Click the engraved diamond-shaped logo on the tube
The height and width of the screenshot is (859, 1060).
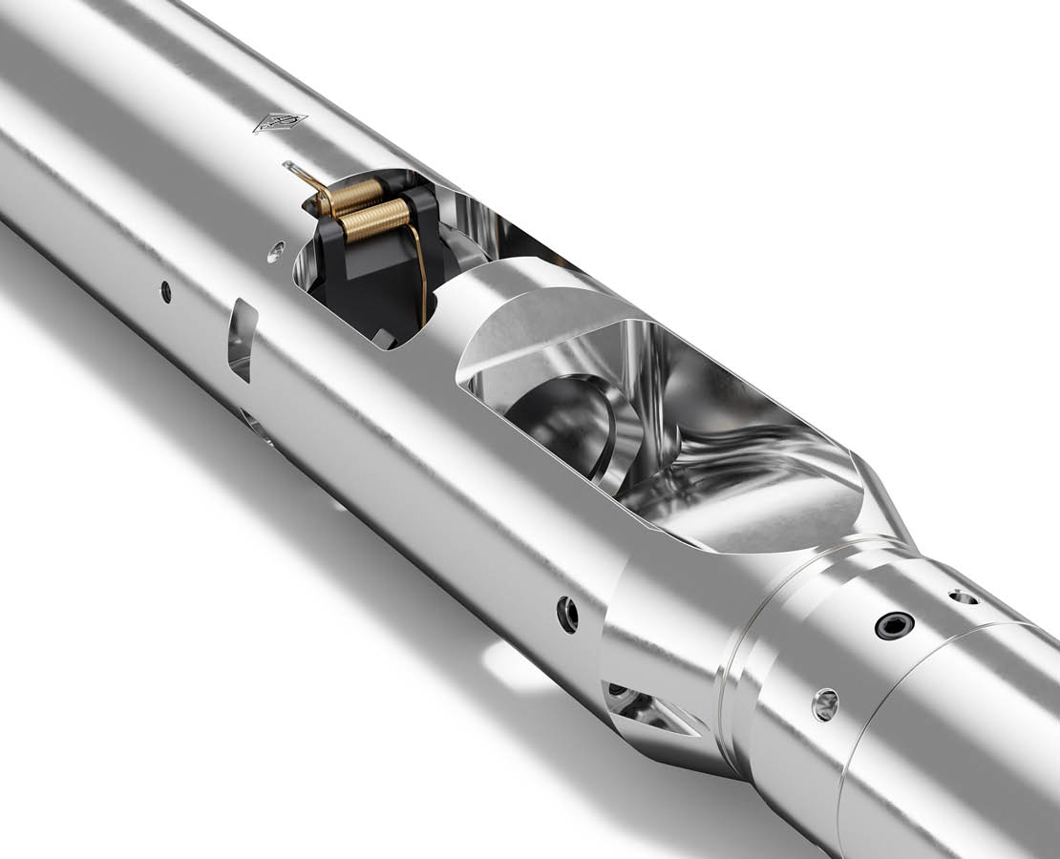(280, 122)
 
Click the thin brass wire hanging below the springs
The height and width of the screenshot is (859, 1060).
(421, 277)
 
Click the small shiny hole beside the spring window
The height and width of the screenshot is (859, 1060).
(276, 252)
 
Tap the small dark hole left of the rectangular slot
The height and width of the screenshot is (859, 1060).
(166, 291)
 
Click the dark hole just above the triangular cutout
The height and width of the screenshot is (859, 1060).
(568, 614)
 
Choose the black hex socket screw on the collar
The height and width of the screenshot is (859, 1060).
(895, 626)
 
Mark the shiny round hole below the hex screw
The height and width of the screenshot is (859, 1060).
(825, 704)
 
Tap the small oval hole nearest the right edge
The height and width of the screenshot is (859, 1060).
(963, 597)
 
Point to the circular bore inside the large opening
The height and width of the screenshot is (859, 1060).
(559, 420)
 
